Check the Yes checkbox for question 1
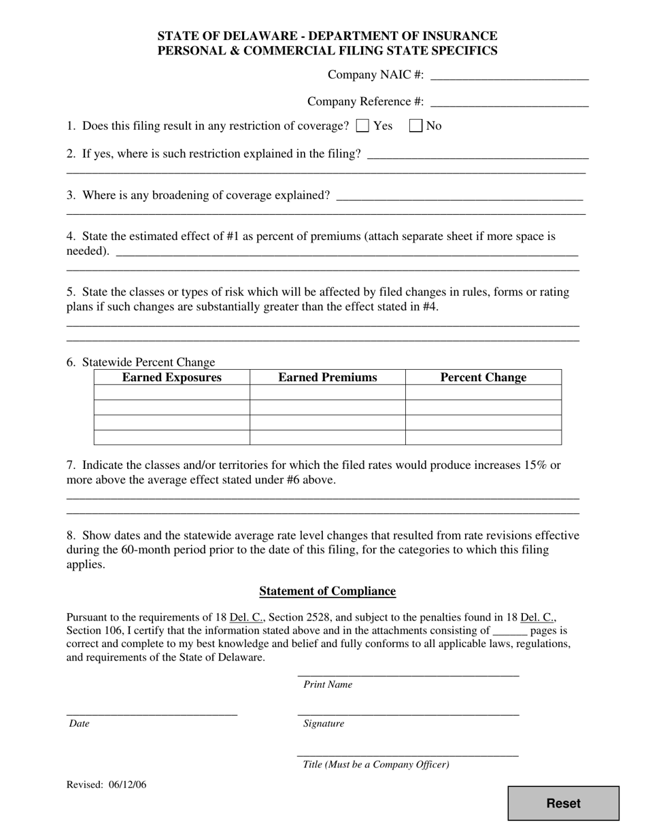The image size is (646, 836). (x=363, y=126)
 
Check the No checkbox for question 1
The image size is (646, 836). (x=416, y=126)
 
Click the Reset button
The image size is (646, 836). (x=563, y=803)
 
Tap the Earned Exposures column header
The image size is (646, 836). (x=171, y=377)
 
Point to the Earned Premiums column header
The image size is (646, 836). (x=327, y=377)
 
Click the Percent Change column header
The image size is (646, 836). (x=483, y=377)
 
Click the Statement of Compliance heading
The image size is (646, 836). (x=327, y=591)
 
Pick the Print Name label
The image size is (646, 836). (x=328, y=684)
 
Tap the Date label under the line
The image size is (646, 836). (x=79, y=724)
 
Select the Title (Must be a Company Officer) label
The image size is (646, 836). (x=376, y=765)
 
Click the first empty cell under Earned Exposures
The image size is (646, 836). (x=171, y=392)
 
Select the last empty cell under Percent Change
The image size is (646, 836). (x=483, y=437)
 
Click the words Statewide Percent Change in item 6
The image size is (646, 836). (x=148, y=362)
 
